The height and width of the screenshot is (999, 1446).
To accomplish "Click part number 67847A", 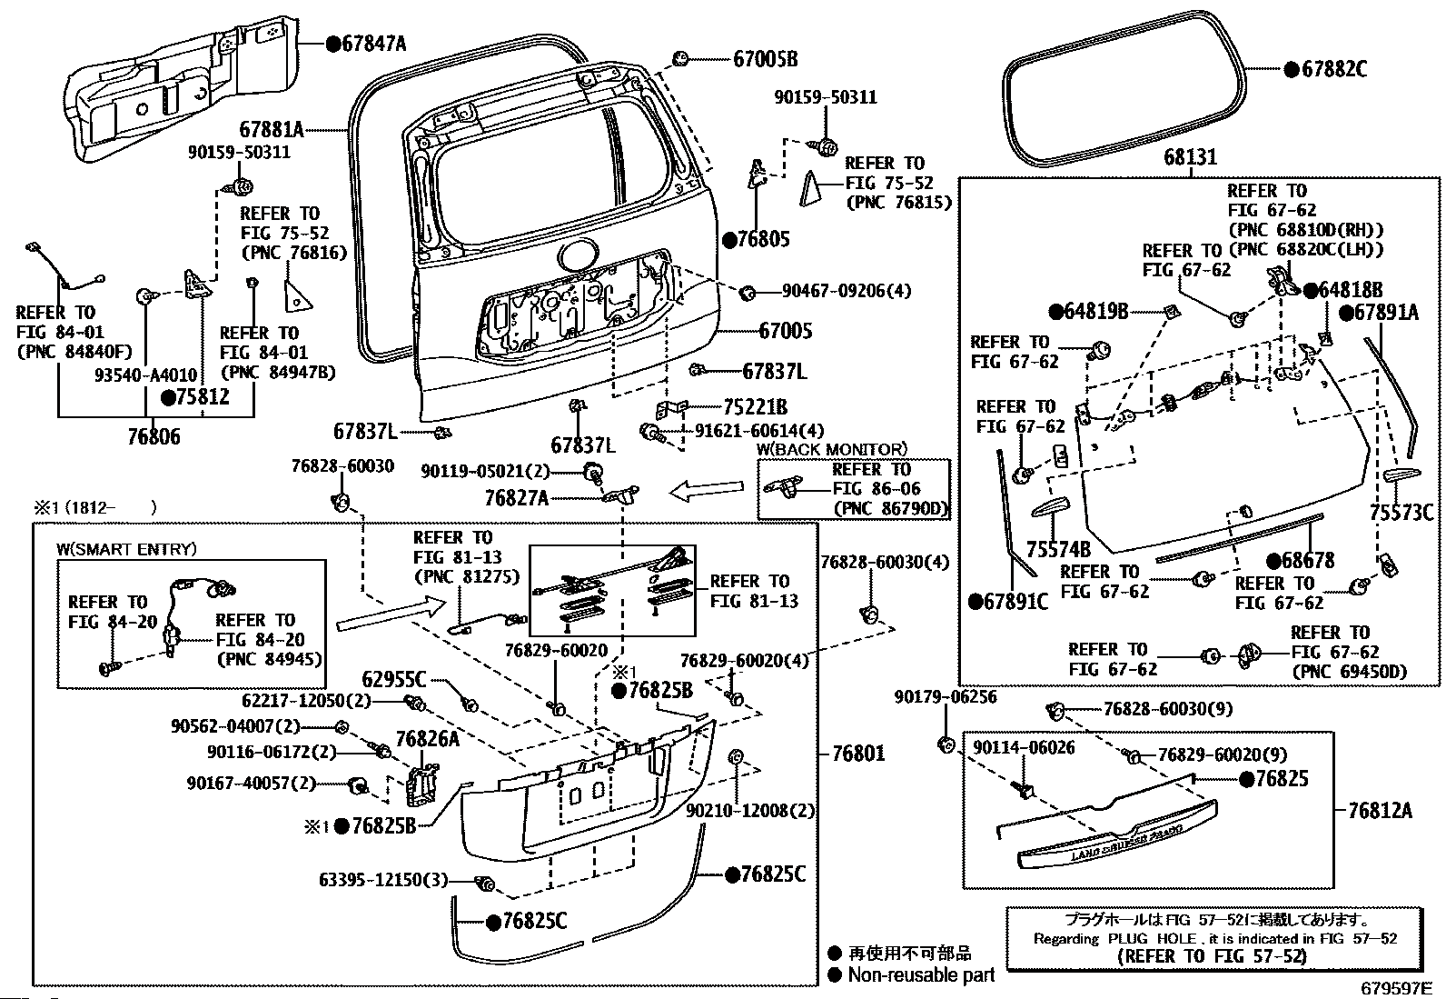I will point(373,42).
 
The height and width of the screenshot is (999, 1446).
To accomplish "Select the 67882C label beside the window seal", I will point(1332,69).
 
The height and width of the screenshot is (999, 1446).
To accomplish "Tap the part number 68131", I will point(1190,157).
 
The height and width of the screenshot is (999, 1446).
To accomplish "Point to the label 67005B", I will point(765,59).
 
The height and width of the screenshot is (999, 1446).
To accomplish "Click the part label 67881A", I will point(272,130).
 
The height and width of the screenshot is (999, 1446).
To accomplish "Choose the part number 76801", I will point(857,753).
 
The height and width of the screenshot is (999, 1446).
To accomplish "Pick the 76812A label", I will point(1381,811).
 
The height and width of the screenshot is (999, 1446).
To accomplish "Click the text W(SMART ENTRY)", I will point(126,549).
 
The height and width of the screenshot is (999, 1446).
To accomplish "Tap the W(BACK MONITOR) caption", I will point(832,449).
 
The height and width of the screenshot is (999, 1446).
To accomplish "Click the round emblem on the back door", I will point(578,255).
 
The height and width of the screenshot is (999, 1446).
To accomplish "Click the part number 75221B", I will point(755,407).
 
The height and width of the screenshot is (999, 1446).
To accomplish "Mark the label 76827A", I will point(516,497).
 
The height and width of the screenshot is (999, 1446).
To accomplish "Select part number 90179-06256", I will point(945,696).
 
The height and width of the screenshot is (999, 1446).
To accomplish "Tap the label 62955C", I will point(394,679).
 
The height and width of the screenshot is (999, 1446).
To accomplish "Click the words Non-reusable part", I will point(921,974).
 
